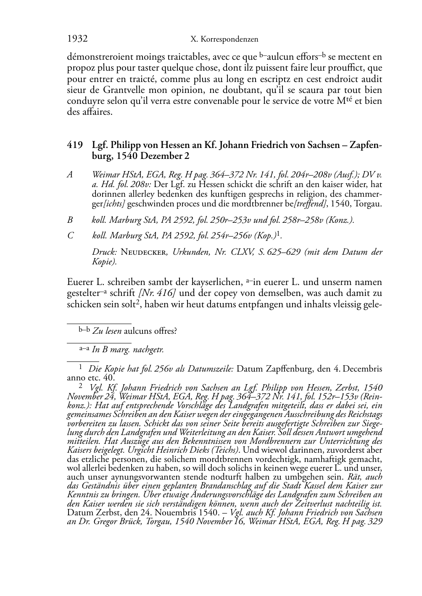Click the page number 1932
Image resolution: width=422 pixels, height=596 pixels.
click(x=77, y=39)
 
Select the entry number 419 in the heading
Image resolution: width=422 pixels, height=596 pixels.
click(x=74, y=145)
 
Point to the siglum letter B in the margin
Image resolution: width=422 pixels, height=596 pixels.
click(x=70, y=219)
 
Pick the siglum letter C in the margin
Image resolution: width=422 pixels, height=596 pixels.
click(x=70, y=236)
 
